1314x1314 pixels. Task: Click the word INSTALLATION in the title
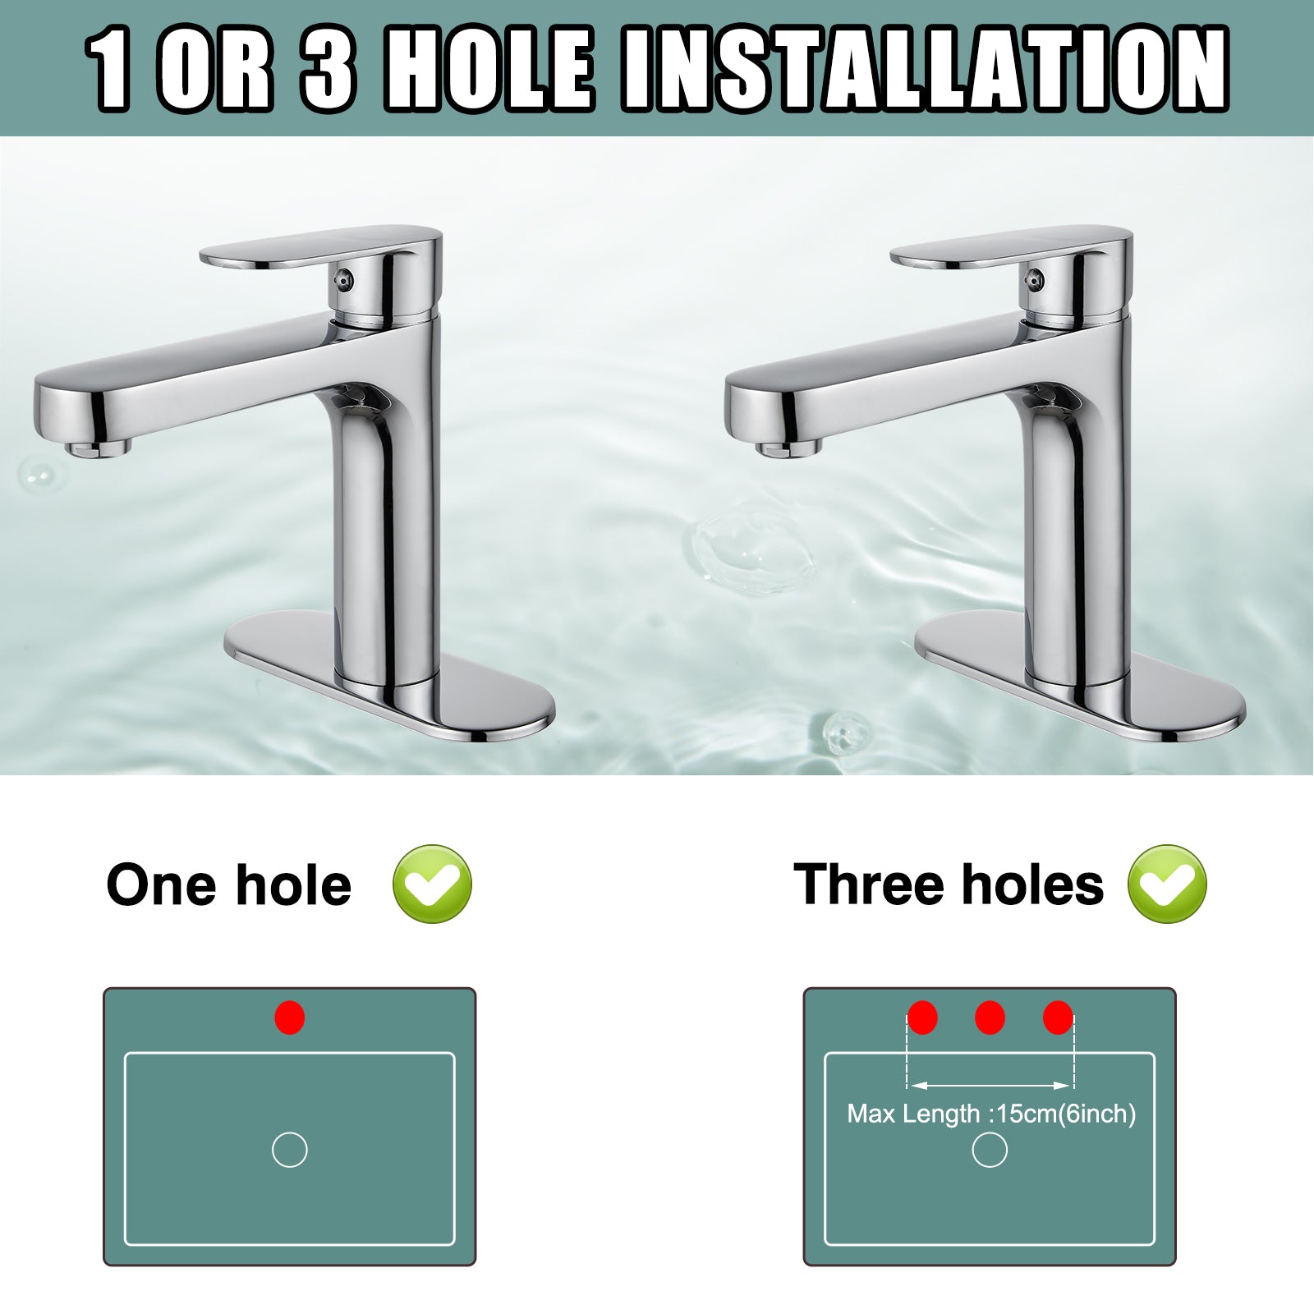pyautogui.click(x=926, y=68)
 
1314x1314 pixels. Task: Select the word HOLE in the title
pyautogui.click(x=489, y=68)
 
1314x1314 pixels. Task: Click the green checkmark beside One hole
pyautogui.click(x=433, y=884)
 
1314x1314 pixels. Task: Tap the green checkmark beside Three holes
pyautogui.click(x=1167, y=884)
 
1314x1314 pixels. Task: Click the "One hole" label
pyautogui.click(x=229, y=885)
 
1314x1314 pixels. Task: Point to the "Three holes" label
pyautogui.click(x=949, y=884)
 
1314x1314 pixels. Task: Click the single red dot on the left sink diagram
pyautogui.click(x=290, y=1018)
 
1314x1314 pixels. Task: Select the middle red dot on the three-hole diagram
pyautogui.click(x=990, y=1018)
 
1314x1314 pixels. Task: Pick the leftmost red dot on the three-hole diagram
pyautogui.click(x=922, y=1018)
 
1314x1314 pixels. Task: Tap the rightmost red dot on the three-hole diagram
pyautogui.click(x=1058, y=1018)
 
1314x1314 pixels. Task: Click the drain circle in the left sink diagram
pyautogui.click(x=290, y=1150)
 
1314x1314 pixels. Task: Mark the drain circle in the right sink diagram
pyautogui.click(x=990, y=1150)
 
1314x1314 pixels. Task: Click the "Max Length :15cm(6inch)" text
pyautogui.click(x=991, y=1114)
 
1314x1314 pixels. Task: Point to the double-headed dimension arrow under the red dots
pyautogui.click(x=990, y=1086)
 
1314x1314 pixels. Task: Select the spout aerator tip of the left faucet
pyautogui.click(x=99, y=448)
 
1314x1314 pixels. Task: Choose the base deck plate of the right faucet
pyautogui.click(x=1080, y=675)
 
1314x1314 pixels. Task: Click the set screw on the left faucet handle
pyautogui.click(x=344, y=279)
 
